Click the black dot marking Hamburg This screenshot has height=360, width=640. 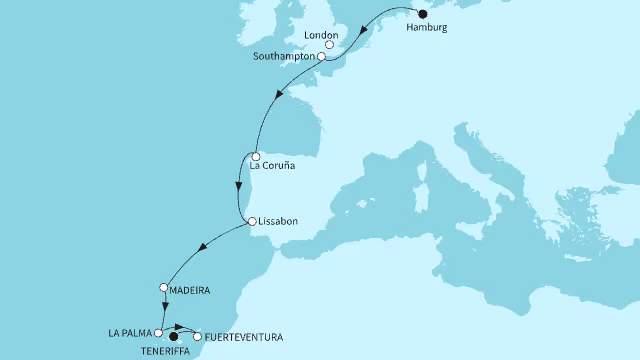421,14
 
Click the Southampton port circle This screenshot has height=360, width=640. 322,58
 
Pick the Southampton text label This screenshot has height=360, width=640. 284,58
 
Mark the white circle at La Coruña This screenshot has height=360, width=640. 256,156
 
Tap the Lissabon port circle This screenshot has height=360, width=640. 250,221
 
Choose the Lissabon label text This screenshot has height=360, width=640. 279,221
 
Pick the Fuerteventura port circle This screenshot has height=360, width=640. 197,336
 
